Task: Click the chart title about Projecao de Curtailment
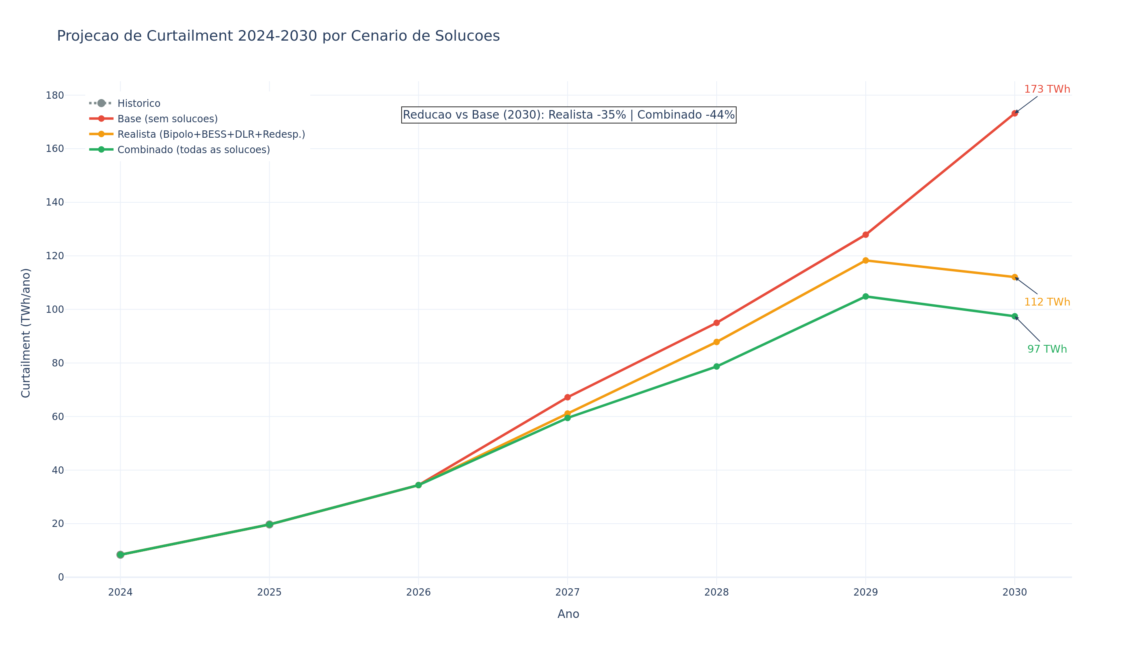tap(278, 36)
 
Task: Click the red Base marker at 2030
tap(1014, 113)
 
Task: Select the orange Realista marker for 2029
tap(865, 260)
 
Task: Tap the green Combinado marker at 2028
tap(716, 366)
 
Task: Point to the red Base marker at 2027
tap(567, 397)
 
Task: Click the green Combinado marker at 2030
tap(1014, 316)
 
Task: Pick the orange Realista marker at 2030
tap(1014, 277)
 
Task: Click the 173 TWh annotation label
tap(1046, 89)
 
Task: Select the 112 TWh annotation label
tap(1046, 302)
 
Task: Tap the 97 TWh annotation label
tap(1046, 349)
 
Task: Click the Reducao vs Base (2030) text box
tap(568, 115)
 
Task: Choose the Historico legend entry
tap(138, 104)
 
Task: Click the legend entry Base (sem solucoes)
tap(167, 119)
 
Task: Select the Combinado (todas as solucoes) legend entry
tap(193, 150)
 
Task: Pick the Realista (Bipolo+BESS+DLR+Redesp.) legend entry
tap(211, 134)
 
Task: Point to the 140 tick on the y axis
tap(54, 202)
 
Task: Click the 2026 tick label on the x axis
tap(418, 592)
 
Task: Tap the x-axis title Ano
tap(568, 614)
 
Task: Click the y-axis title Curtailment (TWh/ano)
tap(26, 333)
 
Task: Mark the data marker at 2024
tap(120, 555)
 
